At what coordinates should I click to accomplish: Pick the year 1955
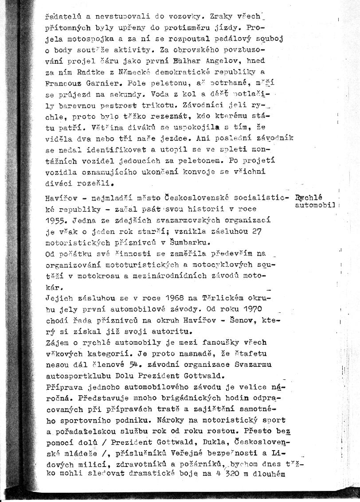pyautogui.click(x=56, y=220)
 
